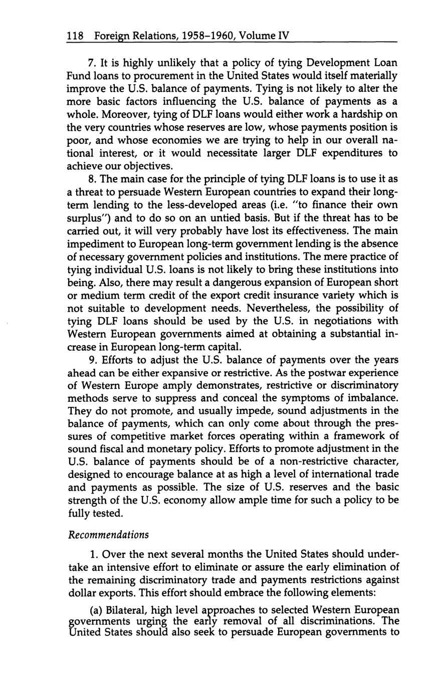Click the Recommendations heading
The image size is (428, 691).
(x=108, y=534)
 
